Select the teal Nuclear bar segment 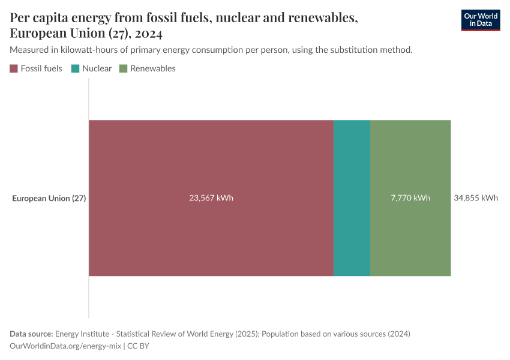[x=352, y=198]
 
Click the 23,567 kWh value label [x=211, y=198]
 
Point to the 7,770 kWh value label [x=410, y=198]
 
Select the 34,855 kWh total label [x=476, y=198]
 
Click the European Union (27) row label [x=49, y=198]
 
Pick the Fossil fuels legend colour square [x=14, y=68]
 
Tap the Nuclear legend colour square [x=76, y=68]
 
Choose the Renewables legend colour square [x=124, y=68]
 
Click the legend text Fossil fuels [x=41, y=68]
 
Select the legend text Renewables [x=153, y=68]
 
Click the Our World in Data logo [x=480, y=20]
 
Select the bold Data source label [x=32, y=334]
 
